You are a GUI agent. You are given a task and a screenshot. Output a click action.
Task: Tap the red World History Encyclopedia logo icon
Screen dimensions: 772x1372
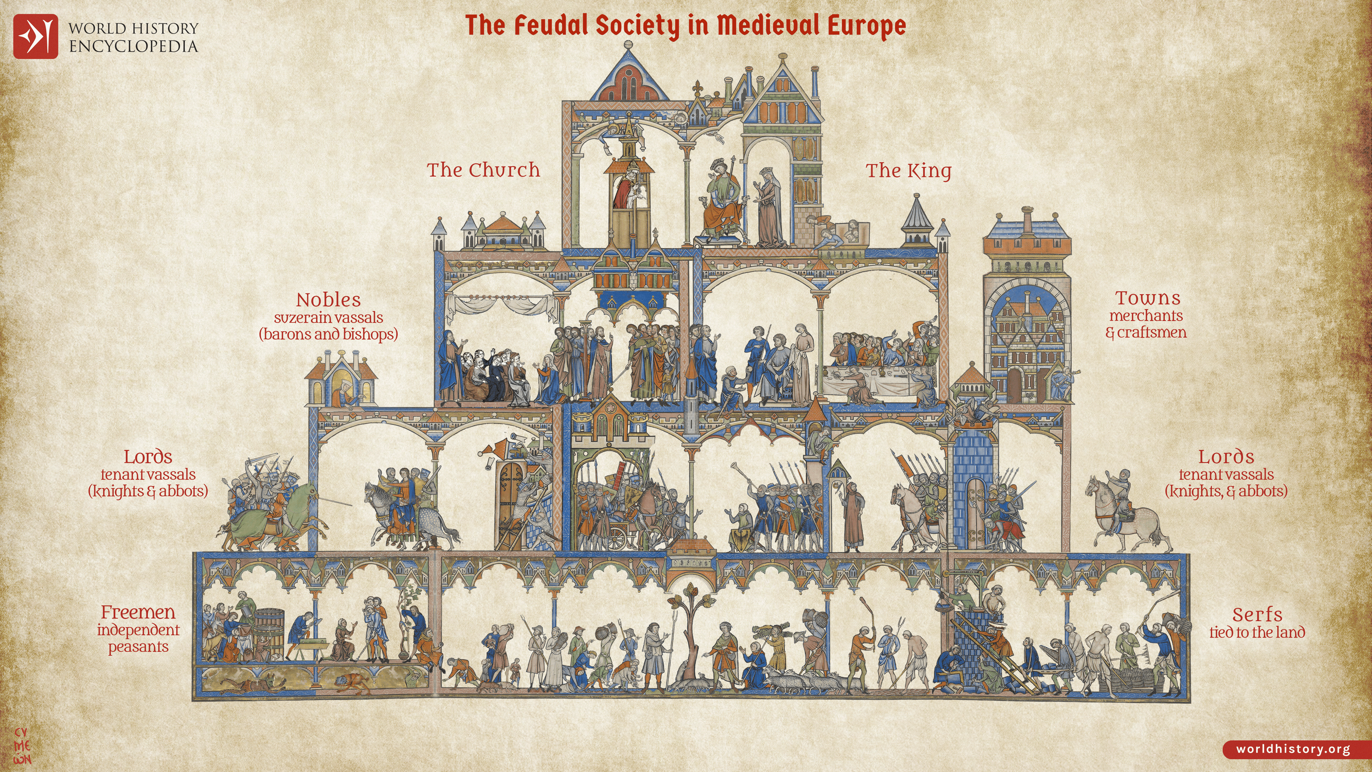pos(35,36)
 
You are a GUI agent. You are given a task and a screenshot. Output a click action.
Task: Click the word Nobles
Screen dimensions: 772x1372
pos(329,300)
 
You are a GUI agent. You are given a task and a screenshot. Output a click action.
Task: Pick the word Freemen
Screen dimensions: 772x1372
pos(138,612)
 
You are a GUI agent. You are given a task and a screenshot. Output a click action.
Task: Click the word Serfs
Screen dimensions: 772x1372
pos(1257,614)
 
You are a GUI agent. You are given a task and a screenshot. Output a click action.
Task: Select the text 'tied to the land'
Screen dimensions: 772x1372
pos(1257,632)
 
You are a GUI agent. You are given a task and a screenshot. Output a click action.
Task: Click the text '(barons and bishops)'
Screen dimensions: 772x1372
pos(329,334)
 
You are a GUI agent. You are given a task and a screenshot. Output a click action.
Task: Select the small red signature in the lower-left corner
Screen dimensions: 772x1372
pos(23,746)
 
